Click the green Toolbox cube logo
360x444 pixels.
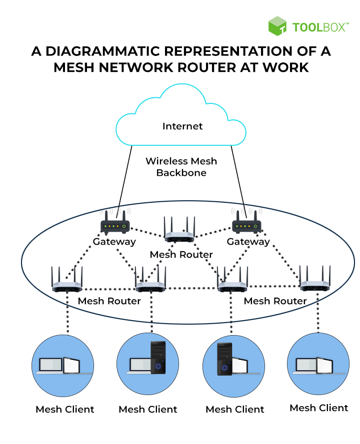277,26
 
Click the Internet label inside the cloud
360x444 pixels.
182,126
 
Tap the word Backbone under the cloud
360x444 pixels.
181,173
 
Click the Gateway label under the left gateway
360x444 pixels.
114,242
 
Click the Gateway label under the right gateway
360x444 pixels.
248,242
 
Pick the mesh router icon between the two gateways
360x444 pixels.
179,232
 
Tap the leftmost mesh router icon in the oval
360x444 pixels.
67,282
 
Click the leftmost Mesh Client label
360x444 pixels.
65,410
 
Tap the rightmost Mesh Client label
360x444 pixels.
319,408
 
